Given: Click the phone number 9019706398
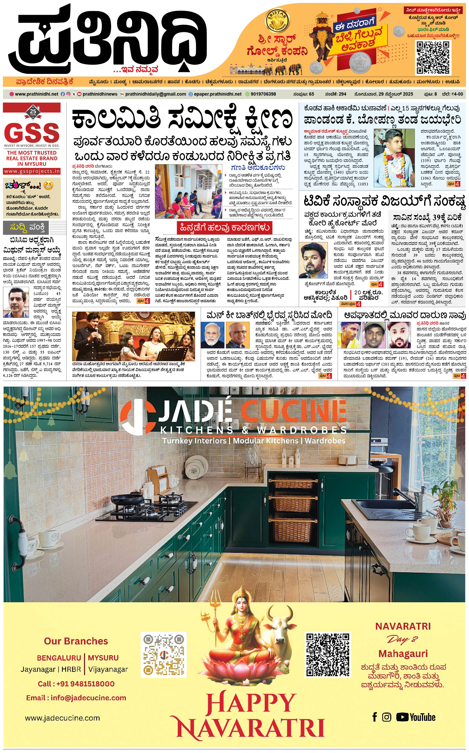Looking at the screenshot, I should tap(263, 94).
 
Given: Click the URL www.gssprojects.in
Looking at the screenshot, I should tap(32, 171).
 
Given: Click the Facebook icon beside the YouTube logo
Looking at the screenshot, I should tap(375, 717).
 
